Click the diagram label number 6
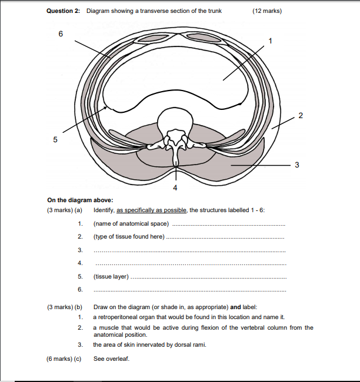click(60, 33)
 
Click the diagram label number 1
click(270, 41)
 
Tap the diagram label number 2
click(300, 114)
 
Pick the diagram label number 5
click(56, 140)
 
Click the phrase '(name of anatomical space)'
click(131, 223)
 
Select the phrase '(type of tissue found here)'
click(129, 236)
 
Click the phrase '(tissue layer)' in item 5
click(111, 276)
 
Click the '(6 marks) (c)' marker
click(64, 358)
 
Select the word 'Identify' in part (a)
click(104, 210)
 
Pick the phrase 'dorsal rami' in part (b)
click(190, 345)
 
